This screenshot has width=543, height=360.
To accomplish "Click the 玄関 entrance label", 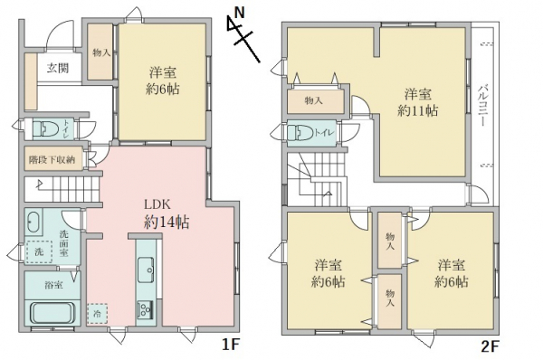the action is point(58,68).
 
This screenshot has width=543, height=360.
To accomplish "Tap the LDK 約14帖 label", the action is point(167,213).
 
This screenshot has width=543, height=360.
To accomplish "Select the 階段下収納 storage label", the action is point(52,159).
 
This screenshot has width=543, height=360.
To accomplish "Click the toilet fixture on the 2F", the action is point(300,133).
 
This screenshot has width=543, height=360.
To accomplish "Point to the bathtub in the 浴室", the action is point(52,313).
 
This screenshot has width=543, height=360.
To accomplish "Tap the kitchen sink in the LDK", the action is point(146,270).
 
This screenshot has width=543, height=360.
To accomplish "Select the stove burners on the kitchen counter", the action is point(146,308).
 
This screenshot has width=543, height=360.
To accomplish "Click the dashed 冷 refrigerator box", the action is point(98,314).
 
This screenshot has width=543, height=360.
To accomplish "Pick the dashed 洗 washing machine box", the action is point(40,251).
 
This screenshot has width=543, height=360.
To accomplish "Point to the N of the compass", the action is point(239,14).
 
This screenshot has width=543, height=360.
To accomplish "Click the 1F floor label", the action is point(231,345).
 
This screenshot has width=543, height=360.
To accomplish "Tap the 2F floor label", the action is point(490,346).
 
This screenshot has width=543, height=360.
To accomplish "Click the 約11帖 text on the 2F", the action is point(417,110).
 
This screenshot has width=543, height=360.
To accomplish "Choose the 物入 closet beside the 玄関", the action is point(100,52).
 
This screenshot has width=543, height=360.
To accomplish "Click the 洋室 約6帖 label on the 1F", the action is point(163,81).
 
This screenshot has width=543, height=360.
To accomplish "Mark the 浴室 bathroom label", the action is point(53,285).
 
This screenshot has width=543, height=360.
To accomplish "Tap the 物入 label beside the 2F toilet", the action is point(314,100).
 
